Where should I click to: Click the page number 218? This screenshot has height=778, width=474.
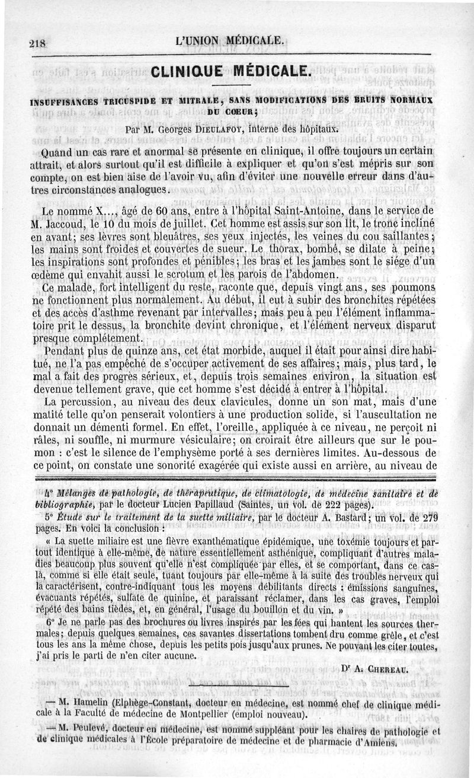[x=37, y=42]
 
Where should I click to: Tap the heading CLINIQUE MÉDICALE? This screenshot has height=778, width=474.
[x=231, y=73]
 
